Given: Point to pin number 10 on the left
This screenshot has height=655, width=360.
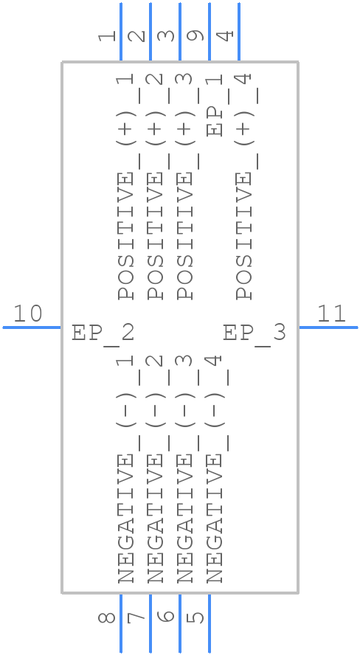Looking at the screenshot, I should (x=29, y=314).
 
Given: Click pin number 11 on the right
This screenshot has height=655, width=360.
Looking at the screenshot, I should (x=331, y=314).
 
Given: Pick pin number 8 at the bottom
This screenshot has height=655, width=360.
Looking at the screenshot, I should (x=108, y=616).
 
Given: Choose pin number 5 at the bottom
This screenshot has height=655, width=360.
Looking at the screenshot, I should (x=196, y=616).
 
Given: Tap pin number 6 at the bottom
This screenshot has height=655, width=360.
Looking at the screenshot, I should (x=167, y=616).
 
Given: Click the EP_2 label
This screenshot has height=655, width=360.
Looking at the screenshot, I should (x=103, y=333).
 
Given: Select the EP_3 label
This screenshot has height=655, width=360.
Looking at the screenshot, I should (x=255, y=333).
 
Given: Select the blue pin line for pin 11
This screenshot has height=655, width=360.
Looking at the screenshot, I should (x=328, y=327).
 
